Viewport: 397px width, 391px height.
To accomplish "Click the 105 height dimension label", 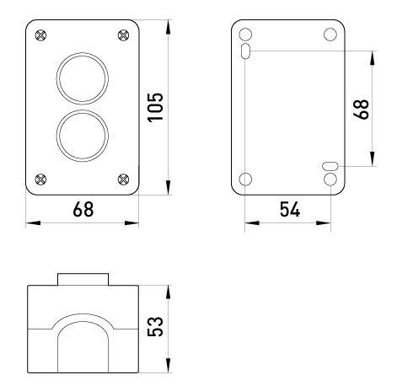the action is tap(155, 107).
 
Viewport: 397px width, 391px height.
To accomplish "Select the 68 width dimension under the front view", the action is tap(83, 209).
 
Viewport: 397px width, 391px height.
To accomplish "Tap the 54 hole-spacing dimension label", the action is tap(290, 209).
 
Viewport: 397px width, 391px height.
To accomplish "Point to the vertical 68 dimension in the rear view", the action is tap(361, 110).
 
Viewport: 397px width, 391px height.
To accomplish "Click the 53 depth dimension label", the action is tap(155, 326).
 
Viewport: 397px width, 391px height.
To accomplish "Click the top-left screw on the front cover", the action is tap(41, 35).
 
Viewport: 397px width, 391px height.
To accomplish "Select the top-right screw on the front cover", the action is tap(123, 35).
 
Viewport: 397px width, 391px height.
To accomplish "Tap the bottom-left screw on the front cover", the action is tap(41, 179).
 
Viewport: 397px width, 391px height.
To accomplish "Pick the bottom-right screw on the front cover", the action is tap(123, 179).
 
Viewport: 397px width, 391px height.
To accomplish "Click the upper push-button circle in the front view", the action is tap(83, 53).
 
